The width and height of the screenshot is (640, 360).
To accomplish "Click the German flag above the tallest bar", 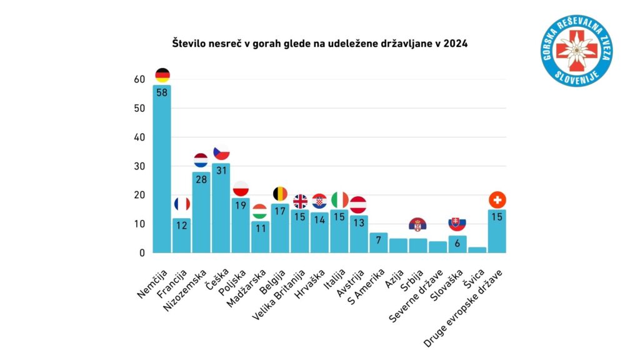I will pos(162,76).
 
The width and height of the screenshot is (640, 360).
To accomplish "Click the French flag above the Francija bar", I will pos(182,204).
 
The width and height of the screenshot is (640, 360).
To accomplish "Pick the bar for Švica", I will pos(477,250).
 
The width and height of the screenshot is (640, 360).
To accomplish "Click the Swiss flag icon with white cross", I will pos(497,200).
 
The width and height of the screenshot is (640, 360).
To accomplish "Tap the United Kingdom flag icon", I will pos(300,201).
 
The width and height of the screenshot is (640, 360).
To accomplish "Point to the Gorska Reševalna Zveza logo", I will pos(576,51).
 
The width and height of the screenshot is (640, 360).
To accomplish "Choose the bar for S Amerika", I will pos(379,243).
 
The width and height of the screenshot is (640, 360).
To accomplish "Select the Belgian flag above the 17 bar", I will pos(281,194).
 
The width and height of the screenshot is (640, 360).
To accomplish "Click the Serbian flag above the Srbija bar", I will pos(417,224).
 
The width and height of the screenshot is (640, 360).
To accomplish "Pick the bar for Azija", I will pos(398,246).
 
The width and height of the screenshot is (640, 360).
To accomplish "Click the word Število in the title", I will pos(188,44).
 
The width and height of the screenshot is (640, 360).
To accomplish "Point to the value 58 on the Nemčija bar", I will pos(162,93).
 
